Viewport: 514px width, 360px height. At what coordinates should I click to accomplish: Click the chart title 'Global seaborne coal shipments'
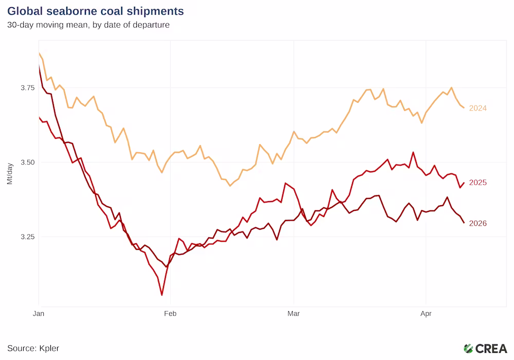(96, 11)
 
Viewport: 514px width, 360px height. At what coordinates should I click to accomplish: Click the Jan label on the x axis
(38, 312)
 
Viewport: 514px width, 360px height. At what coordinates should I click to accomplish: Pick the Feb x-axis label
(170, 312)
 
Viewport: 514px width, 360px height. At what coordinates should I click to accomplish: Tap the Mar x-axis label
(293, 312)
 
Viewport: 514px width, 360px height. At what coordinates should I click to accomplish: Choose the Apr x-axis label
(425, 312)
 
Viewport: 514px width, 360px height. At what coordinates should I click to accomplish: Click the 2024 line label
(478, 108)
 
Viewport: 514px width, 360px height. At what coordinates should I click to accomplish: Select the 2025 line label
(478, 183)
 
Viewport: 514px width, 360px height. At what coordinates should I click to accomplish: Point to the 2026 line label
(478, 223)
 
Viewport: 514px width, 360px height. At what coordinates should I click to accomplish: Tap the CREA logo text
(491, 348)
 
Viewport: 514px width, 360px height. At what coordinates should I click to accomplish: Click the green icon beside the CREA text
(468, 348)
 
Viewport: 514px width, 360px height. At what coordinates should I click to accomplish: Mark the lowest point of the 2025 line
(162, 295)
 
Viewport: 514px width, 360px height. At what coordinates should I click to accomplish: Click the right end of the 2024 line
(464, 107)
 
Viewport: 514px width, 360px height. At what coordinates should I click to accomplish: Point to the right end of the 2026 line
(464, 223)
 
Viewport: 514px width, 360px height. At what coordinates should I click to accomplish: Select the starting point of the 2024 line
(39, 53)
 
